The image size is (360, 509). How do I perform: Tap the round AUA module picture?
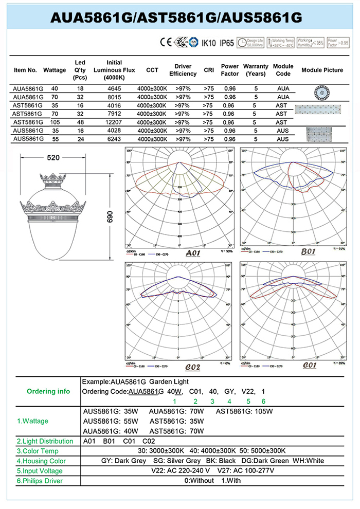[x=322, y=93]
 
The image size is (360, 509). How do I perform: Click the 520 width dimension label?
[x=53, y=158]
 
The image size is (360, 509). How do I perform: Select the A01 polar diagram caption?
[x=192, y=253]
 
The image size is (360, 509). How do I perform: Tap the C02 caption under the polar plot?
[x=192, y=367]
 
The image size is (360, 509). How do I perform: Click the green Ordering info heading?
[x=48, y=391]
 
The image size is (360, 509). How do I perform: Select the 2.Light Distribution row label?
[x=45, y=441]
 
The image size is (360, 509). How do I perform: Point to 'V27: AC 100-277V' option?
[x=245, y=471]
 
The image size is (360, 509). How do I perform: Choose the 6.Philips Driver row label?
[x=40, y=481]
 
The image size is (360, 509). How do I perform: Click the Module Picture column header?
[x=322, y=70]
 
